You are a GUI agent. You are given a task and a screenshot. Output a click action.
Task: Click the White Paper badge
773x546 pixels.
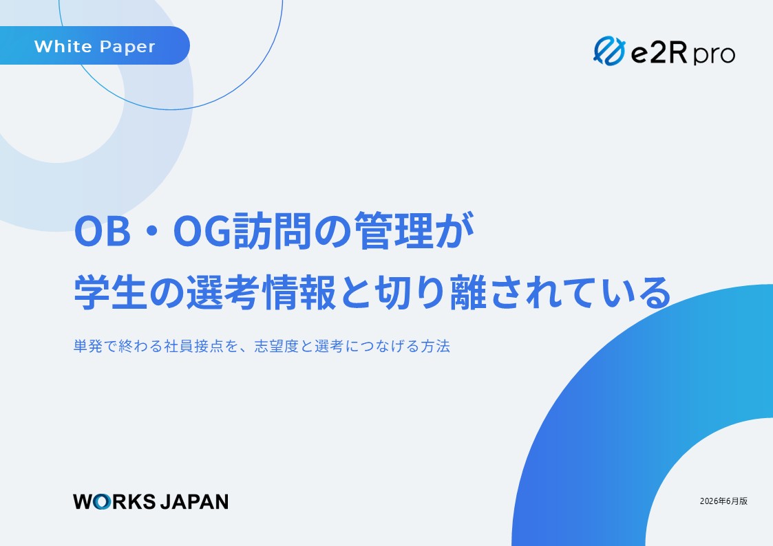[x=95, y=45]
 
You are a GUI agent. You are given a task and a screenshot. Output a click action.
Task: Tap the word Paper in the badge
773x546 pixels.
[x=127, y=47]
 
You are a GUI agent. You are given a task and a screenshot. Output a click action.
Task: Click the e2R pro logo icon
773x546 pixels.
[x=609, y=51]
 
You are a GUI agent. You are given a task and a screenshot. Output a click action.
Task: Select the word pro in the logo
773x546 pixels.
[x=714, y=54]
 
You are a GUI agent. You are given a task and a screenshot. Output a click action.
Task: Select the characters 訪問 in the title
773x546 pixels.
[x=272, y=230]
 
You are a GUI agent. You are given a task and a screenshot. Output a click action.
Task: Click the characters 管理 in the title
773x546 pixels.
[x=394, y=230]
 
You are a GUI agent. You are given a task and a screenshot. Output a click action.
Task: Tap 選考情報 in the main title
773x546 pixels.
[x=262, y=292]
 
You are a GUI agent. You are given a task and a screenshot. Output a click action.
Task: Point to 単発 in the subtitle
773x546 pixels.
[x=88, y=346]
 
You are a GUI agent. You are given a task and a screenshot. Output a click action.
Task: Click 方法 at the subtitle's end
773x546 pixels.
[x=435, y=346]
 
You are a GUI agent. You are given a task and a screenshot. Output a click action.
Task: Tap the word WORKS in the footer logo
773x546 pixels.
[x=114, y=502]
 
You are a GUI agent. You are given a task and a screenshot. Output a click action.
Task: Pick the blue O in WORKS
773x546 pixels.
[x=101, y=502]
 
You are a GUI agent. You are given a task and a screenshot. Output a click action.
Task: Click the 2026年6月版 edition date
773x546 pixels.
[x=723, y=501]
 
